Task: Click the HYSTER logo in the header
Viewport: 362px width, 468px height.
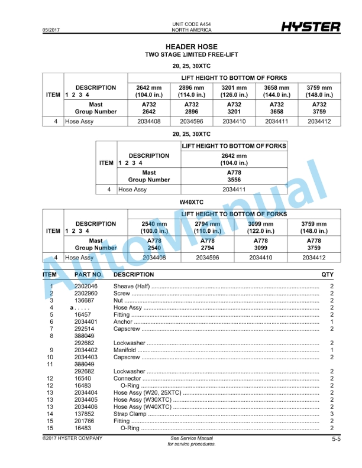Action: tap(311, 27)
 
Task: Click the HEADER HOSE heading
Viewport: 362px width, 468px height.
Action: tap(191, 47)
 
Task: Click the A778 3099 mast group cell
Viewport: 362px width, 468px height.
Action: tap(260, 244)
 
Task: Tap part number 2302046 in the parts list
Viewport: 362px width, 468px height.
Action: tap(86, 286)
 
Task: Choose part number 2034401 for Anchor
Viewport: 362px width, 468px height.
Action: tap(86, 321)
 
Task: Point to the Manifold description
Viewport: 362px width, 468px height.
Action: tap(125, 350)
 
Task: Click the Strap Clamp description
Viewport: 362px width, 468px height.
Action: tap(130, 414)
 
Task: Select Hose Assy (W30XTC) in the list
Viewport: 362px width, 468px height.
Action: tap(144, 399)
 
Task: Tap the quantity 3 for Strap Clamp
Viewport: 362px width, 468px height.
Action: tap(332, 414)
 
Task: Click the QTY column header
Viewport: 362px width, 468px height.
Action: tap(327, 275)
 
